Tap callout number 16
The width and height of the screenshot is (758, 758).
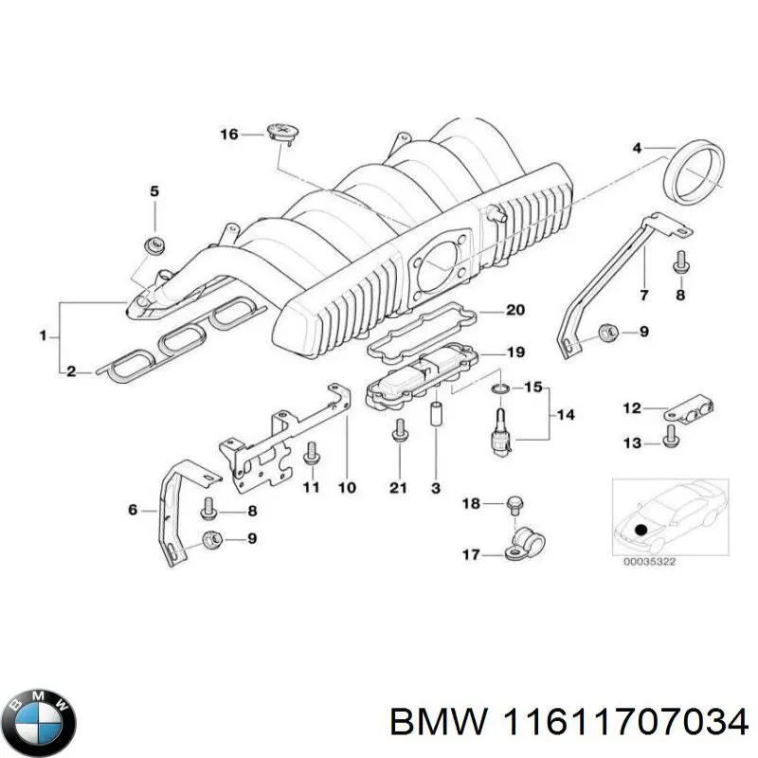click(x=229, y=134)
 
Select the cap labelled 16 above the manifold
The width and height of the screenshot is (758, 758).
click(x=281, y=131)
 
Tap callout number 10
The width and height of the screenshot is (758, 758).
click(x=346, y=487)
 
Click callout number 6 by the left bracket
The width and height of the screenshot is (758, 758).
click(x=134, y=511)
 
